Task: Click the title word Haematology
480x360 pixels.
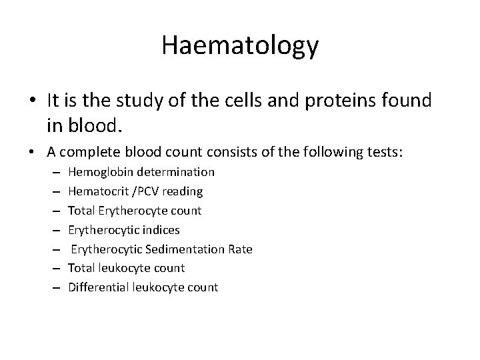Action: coord(240,46)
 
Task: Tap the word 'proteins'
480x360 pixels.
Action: coord(346,101)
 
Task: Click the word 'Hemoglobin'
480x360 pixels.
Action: coord(97,172)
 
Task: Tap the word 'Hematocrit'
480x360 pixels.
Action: coord(96,191)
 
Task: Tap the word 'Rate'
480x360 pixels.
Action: coord(240,249)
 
